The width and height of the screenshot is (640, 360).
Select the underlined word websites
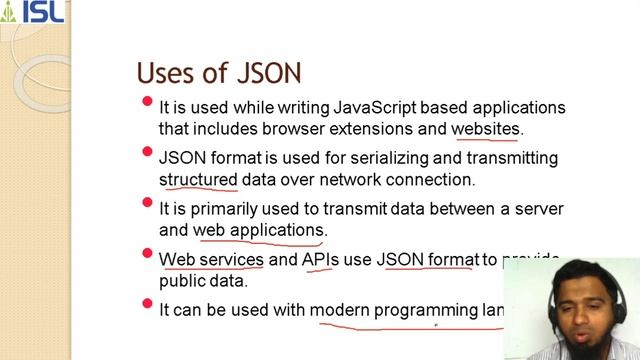(486, 129)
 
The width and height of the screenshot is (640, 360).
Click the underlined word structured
(198, 180)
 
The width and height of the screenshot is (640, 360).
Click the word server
(540, 209)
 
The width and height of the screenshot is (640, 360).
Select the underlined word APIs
(321, 260)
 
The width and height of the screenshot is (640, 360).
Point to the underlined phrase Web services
(211, 260)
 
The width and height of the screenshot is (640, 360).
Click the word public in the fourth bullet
(183, 282)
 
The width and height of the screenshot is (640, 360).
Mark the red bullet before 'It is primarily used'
(148, 203)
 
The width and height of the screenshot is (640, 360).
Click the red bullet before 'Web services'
(148, 254)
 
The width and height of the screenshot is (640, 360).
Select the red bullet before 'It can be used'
(148, 304)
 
